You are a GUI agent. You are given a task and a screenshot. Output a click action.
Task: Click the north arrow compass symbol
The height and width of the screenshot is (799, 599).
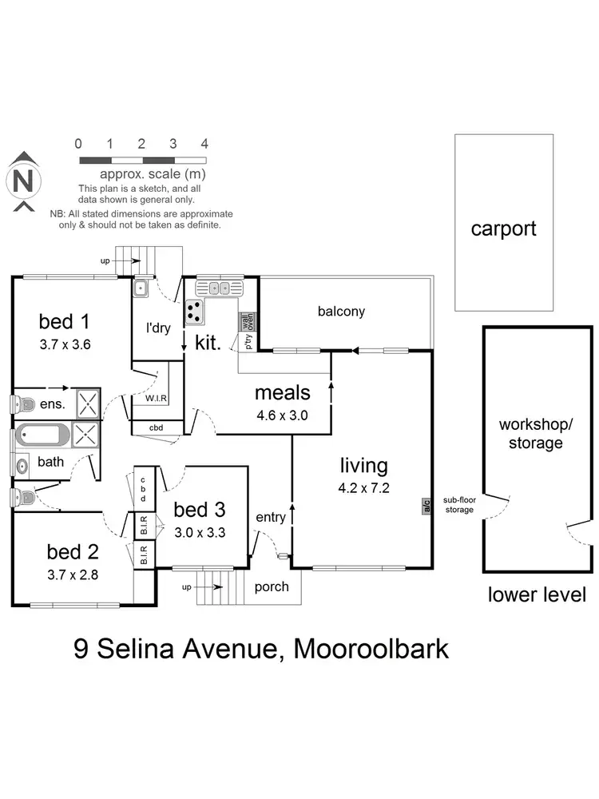(x=24, y=182)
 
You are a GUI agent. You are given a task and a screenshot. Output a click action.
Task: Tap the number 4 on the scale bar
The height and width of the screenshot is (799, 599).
(x=204, y=144)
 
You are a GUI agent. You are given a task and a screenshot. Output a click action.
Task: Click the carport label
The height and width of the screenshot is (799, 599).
(x=503, y=229)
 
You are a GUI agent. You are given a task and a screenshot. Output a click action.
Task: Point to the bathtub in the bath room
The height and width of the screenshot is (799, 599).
(x=42, y=435)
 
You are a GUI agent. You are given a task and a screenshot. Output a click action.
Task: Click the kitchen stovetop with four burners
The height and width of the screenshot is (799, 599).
(x=195, y=312)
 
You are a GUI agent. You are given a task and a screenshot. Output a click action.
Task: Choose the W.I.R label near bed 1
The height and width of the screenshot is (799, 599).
(x=156, y=397)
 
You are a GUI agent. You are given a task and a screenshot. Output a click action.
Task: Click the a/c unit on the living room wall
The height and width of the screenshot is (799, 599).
(x=426, y=505)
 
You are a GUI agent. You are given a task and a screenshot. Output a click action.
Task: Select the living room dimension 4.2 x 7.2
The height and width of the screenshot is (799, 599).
(x=363, y=488)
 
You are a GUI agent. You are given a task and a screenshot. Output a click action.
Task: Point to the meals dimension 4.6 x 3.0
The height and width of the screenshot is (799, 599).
(x=281, y=415)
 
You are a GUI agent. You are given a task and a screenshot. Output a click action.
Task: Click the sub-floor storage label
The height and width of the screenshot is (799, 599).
(x=458, y=505)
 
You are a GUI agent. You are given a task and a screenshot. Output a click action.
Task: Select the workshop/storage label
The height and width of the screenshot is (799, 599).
(x=535, y=432)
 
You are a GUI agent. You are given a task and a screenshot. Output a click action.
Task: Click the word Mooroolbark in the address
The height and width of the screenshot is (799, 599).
(x=371, y=647)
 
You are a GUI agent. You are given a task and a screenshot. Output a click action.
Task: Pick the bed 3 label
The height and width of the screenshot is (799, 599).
(x=199, y=509)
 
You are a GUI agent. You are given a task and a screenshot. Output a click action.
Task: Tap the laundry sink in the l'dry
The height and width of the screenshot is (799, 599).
(x=139, y=289)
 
